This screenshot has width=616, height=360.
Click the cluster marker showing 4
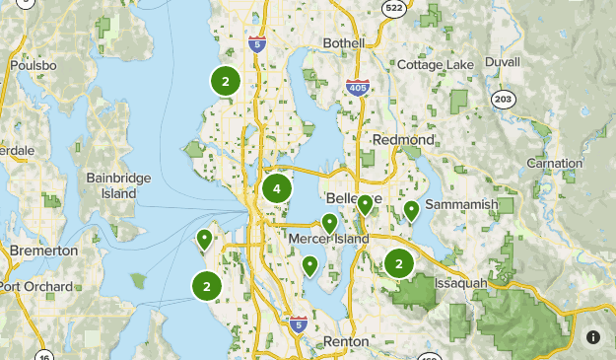(x=277, y=188)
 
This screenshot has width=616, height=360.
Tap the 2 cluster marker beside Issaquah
(x=398, y=263)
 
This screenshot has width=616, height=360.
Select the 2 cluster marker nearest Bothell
(x=226, y=82)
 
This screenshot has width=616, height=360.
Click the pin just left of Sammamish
(x=411, y=210)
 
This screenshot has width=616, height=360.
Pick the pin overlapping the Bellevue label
(x=365, y=205)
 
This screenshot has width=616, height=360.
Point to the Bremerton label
(x=43, y=251)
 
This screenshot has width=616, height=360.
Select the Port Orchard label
(x=37, y=287)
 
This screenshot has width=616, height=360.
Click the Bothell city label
(x=343, y=43)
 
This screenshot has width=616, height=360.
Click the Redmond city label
(x=404, y=140)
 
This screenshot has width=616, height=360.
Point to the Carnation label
(x=553, y=163)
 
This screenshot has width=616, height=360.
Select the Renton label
(x=345, y=341)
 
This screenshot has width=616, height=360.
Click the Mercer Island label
(x=329, y=239)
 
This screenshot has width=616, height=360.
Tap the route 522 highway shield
(x=394, y=9)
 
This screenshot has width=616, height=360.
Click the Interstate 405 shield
(x=358, y=88)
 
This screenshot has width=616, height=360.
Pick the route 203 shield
(x=504, y=99)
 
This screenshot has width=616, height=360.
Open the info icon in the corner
(x=593, y=336)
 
